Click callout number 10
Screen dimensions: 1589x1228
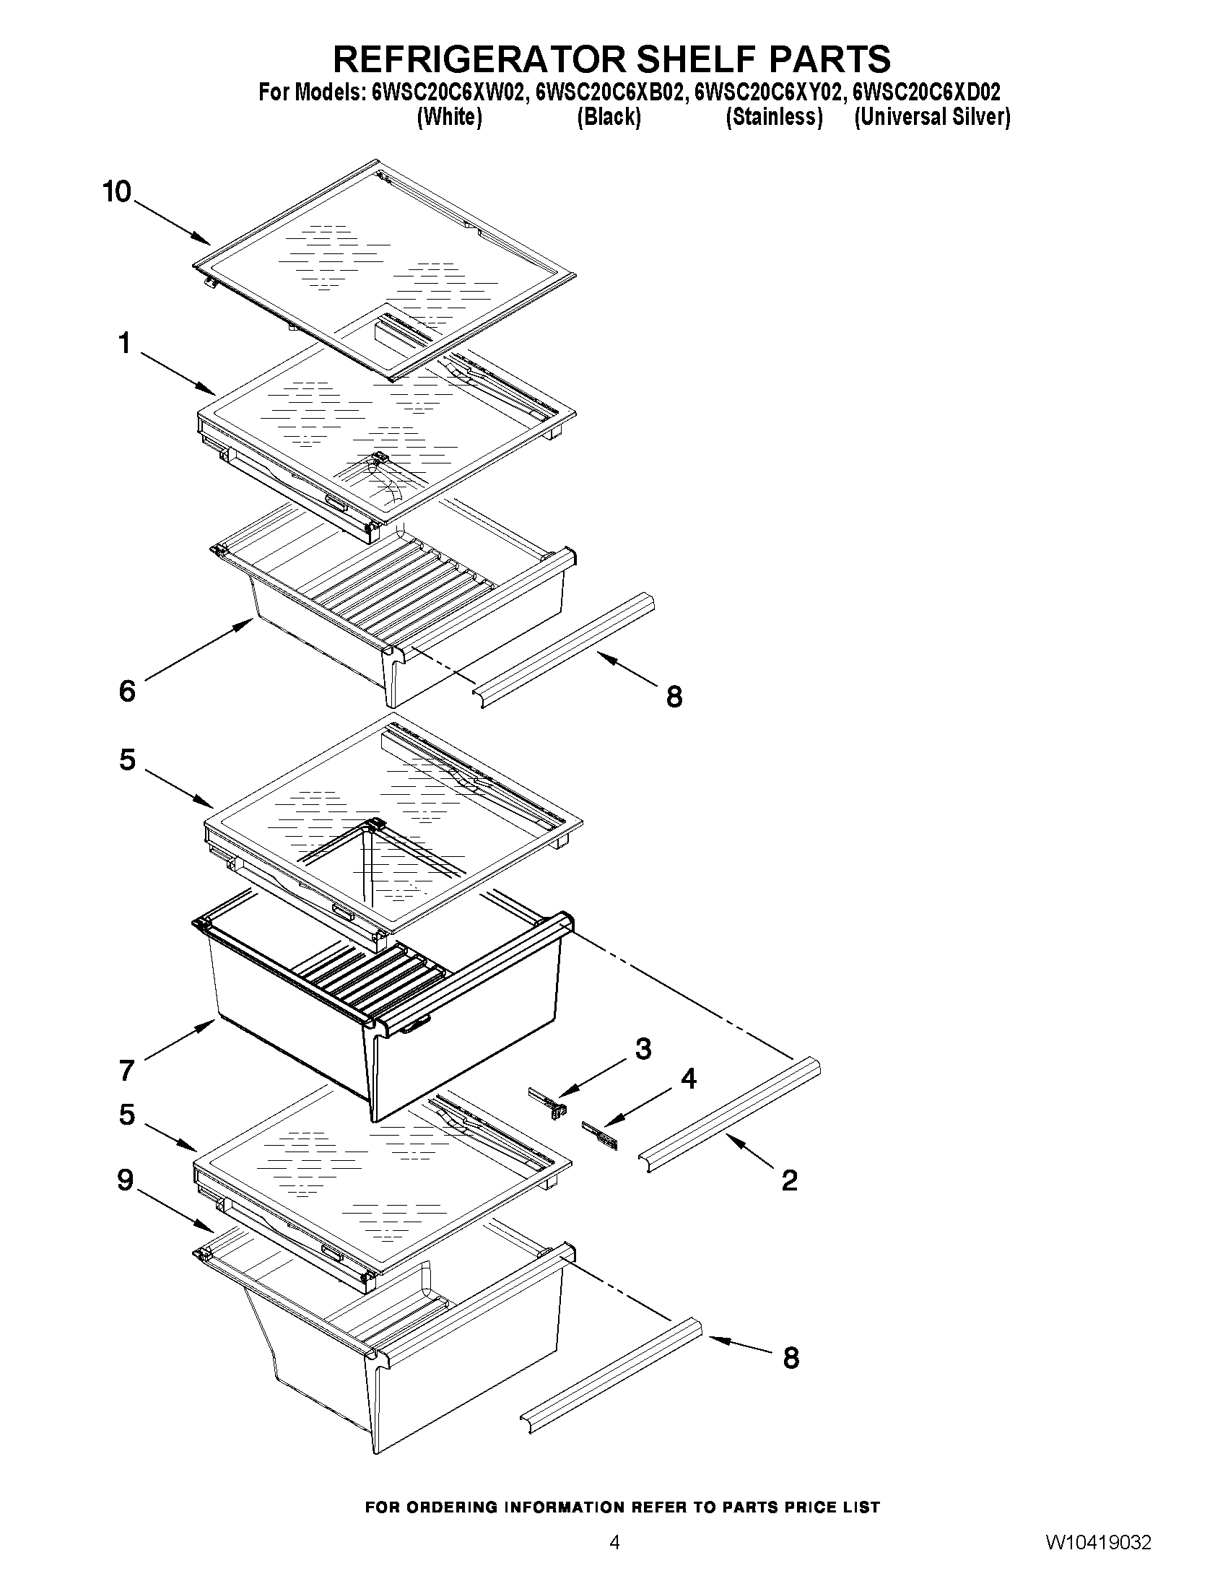click(116, 192)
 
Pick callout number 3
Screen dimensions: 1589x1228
click(643, 1049)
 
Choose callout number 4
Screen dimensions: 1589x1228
click(687, 1079)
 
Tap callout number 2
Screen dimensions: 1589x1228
click(789, 1180)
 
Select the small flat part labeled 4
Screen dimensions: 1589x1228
click(599, 1134)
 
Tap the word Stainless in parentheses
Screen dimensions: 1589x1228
click(774, 117)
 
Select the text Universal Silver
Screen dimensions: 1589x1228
click(932, 117)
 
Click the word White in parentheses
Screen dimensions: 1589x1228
click(449, 117)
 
